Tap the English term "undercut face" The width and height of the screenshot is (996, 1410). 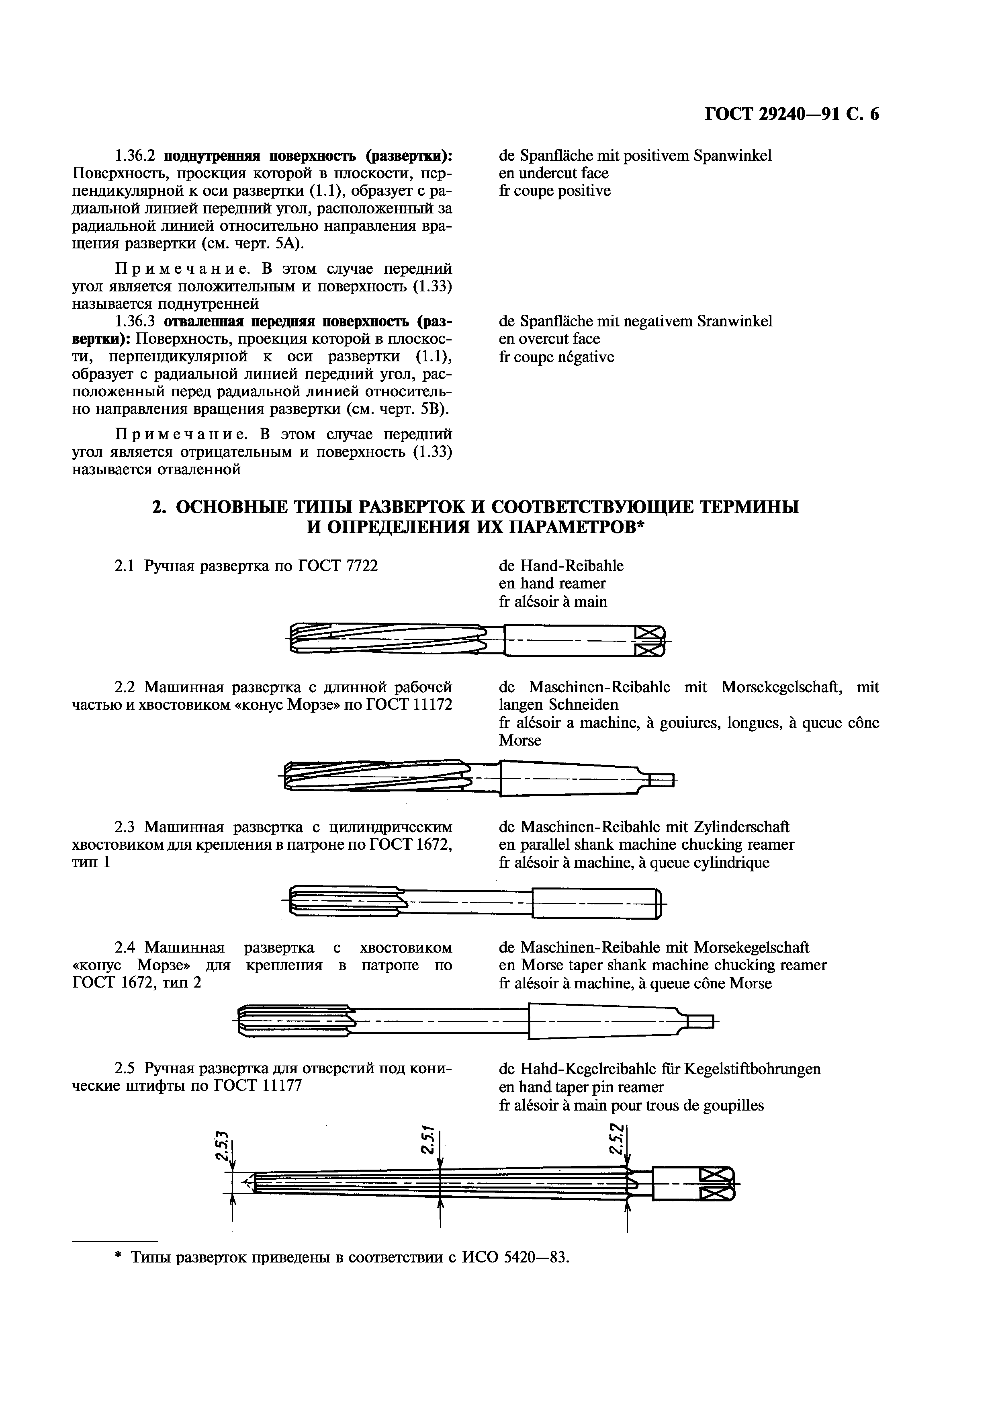[x=563, y=173]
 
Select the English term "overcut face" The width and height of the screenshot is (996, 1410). [x=560, y=339]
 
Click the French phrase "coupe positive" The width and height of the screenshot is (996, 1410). [x=563, y=191]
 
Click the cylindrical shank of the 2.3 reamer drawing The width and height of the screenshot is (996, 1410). [x=593, y=904]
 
